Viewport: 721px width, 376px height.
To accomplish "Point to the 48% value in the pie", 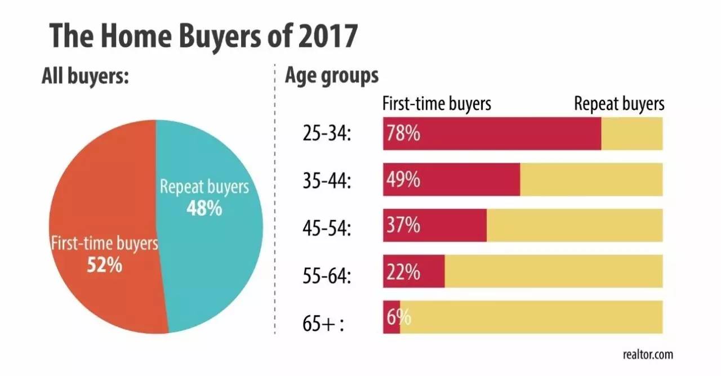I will [204, 208].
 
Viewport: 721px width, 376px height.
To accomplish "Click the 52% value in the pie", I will [104, 265].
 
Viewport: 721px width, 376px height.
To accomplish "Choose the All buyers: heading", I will [86, 76].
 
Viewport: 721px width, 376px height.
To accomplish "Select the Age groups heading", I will [332, 75].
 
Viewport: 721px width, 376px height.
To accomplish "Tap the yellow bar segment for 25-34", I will [631, 134].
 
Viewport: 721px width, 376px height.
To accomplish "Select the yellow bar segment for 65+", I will [531, 317].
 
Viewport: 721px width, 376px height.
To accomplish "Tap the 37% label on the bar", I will [403, 226].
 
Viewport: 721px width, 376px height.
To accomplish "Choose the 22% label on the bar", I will [403, 271].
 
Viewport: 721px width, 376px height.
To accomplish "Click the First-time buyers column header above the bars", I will [437, 104].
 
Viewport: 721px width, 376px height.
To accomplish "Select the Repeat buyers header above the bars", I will [619, 104].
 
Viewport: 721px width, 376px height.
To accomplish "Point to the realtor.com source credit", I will [647, 355].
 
